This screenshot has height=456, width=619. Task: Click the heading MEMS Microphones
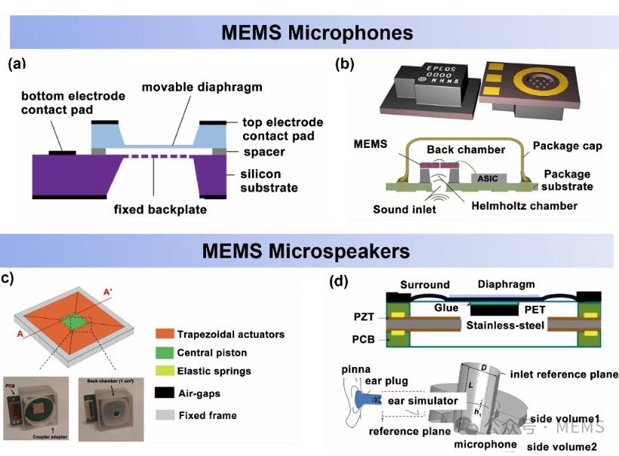click(x=317, y=32)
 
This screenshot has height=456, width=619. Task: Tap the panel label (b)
click(x=344, y=64)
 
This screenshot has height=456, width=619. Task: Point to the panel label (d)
click(x=339, y=282)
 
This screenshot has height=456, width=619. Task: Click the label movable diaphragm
click(x=202, y=88)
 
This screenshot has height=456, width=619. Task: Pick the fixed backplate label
click(x=160, y=209)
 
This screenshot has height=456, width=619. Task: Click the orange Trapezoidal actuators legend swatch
click(x=164, y=334)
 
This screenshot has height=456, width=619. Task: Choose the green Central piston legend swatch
click(x=164, y=353)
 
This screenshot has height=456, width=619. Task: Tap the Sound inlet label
click(x=404, y=209)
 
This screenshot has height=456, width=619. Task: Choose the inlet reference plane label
click(x=565, y=374)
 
